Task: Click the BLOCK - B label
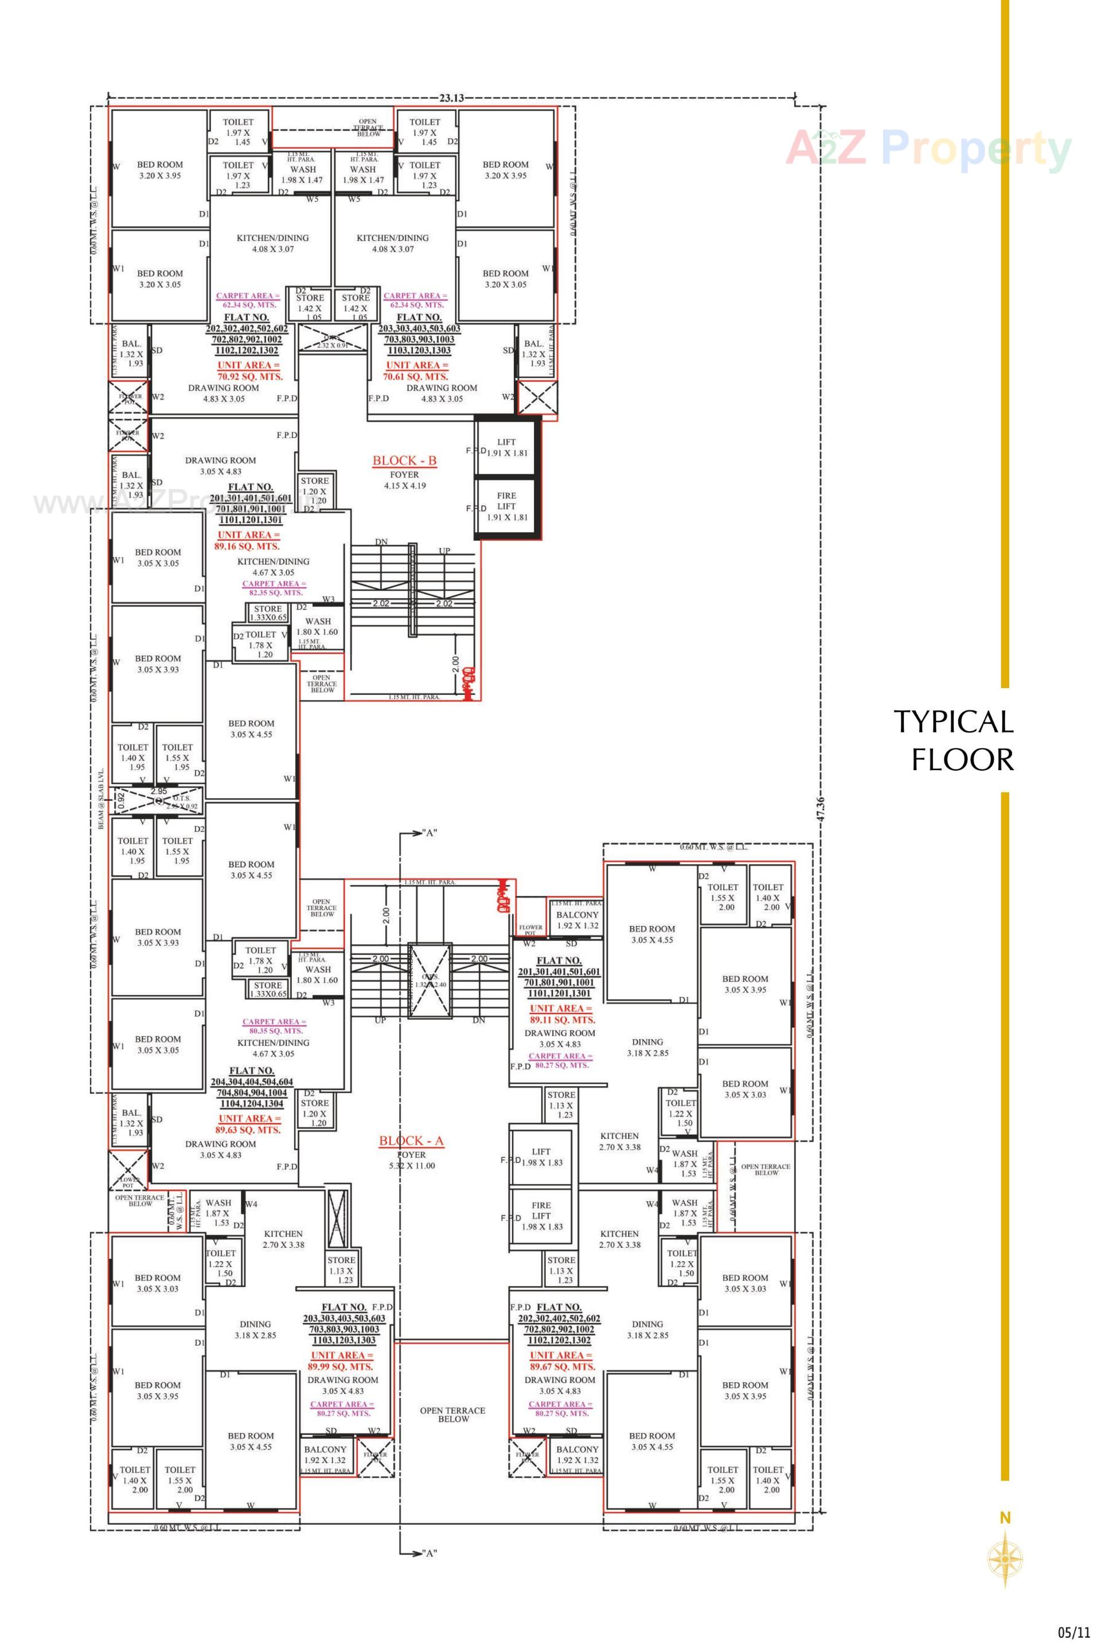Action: click(x=404, y=460)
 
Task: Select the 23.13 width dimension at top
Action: click(x=451, y=98)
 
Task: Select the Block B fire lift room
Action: click(x=506, y=506)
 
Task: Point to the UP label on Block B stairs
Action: click(x=444, y=551)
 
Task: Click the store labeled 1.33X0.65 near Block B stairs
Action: click(x=268, y=614)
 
